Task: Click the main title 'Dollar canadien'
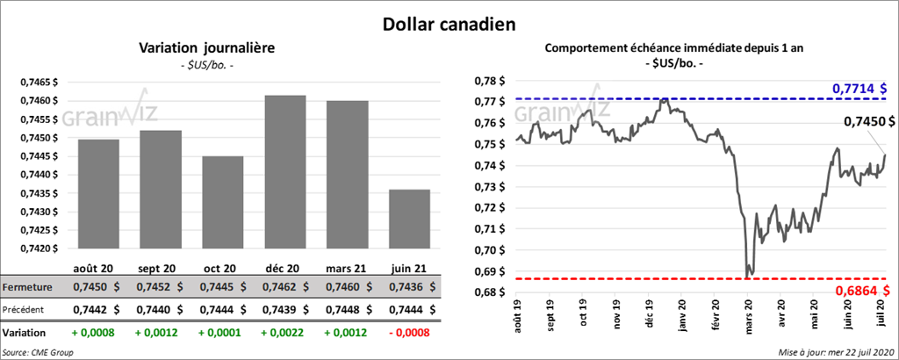(x=449, y=22)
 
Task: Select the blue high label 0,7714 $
(x=859, y=89)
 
